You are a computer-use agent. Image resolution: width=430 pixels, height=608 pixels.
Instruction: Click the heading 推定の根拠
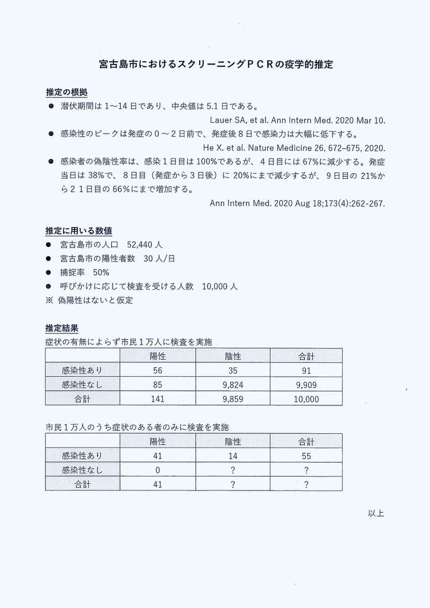click(x=66, y=92)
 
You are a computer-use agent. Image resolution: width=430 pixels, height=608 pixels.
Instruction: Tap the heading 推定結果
click(x=62, y=328)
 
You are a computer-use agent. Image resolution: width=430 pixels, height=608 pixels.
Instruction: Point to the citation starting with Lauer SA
click(x=297, y=120)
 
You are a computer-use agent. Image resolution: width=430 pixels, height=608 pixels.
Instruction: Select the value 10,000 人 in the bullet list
click(x=219, y=286)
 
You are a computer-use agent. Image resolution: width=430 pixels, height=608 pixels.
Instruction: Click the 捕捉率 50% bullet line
click(x=85, y=272)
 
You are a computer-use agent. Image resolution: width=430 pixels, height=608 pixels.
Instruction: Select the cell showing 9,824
click(x=233, y=385)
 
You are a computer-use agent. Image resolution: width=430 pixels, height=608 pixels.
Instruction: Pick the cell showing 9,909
click(x=306, y=385)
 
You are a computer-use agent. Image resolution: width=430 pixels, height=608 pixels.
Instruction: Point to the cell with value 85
click(x=158, y=385)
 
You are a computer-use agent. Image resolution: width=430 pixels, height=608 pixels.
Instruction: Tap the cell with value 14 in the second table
click(x=233, y=456)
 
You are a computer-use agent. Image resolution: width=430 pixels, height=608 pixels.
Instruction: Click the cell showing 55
click(x=306, y=456)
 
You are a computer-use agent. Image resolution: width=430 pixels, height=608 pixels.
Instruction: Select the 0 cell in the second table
click(x=158, y=470)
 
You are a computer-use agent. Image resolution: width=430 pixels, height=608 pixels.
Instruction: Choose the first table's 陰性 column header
click(x=233, y=356)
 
